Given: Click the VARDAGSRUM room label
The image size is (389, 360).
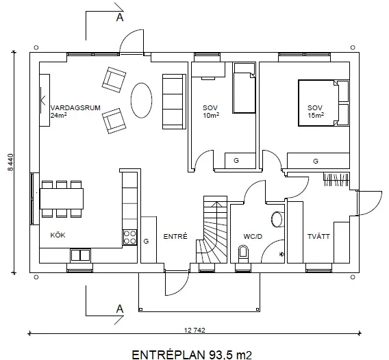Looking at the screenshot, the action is (x=75, y=108).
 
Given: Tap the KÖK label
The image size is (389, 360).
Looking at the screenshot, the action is (x=58, y=235).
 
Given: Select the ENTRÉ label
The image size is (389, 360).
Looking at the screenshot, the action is (x=175, y=237).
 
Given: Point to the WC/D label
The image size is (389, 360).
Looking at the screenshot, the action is (x=253, y=237).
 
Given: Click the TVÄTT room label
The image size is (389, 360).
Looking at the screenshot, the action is (x=318, y=237).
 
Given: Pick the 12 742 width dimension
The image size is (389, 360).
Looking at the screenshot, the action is (x=194, y=331).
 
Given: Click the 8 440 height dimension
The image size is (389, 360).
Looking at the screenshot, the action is (x=10, y=162).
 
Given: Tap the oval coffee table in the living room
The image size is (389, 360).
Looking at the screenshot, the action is (x=141, y=100).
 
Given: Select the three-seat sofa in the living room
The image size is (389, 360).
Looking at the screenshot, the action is (x=174, y=101).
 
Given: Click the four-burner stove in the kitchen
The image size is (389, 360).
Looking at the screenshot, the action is (x=130, y=237).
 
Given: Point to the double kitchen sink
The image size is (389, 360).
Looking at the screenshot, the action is (x=80, y=255).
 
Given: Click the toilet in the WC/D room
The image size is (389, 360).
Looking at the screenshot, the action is (x=243, y=253).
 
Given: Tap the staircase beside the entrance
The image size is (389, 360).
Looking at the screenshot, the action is (x=212, y=229).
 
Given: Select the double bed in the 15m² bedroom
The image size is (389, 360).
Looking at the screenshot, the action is (x=324, y=103).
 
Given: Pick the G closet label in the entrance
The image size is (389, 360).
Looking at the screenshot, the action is (x=146, y=241).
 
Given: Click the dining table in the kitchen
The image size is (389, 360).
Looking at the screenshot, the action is (x=62, y=198).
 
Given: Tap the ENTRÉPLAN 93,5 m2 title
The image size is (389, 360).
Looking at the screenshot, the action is (x=192, y=355).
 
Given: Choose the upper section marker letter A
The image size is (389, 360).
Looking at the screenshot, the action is (x=120, y=17).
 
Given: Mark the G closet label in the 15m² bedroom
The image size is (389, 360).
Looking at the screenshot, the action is (x=316, y=161).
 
